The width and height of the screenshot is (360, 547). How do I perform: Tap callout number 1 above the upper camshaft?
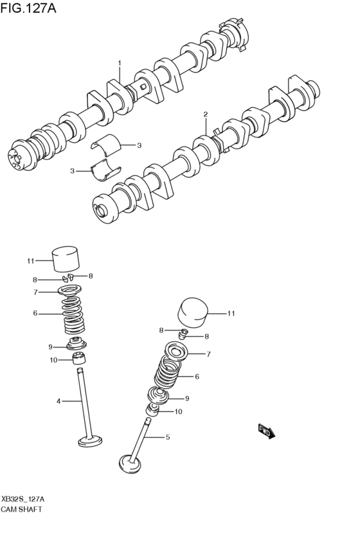(119, 63)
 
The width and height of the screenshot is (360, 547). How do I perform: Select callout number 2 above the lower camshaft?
(206, 115)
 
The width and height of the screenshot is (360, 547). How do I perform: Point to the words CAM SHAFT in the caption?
(22, 508)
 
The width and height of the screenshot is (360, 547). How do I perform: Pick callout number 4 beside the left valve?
(58, 401)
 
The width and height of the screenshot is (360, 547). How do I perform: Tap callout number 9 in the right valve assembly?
(186, 397)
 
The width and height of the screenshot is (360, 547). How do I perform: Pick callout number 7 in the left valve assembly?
(37, 292)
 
